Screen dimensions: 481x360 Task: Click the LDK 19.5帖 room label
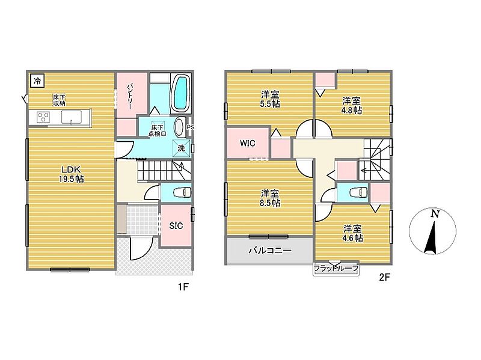tap(71, 174)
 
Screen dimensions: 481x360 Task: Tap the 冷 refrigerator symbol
tap(37, 81)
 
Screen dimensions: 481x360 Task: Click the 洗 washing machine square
tap(182, 148)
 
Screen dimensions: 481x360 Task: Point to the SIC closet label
tap(176, 226)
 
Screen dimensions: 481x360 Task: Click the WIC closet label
tap(248, 143)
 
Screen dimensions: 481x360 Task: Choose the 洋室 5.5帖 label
tap(270, 99)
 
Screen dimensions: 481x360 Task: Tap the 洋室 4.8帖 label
tap(352, 105)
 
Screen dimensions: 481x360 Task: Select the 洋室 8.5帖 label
tap(270, 198)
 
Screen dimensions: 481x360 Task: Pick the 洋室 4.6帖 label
tap(352, 233)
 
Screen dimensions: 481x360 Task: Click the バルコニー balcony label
tap(270, 251)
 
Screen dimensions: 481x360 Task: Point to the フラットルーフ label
tap(336, 269)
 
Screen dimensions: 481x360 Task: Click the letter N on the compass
tap(435, 214)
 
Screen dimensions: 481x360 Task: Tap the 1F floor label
tap(183, 287)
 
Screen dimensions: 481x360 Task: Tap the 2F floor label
tap(384, 277)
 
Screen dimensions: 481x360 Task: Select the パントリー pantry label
tap(130, 96)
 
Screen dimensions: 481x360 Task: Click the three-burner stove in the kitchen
tap(43, 117)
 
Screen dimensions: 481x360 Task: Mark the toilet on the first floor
tap(182, 192)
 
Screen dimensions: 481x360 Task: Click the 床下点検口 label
tap(158, 130)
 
